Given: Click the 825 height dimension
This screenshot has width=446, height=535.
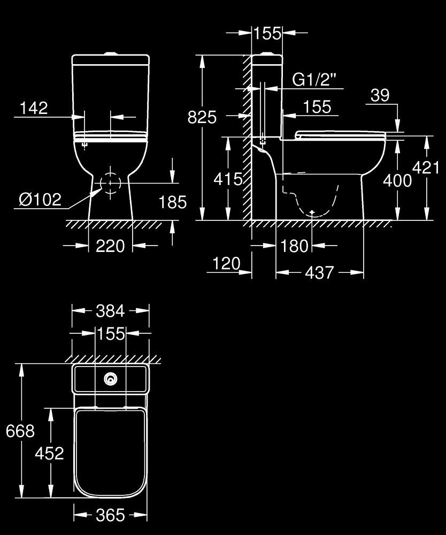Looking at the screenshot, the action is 202,117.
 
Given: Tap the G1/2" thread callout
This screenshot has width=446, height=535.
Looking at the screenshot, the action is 314,80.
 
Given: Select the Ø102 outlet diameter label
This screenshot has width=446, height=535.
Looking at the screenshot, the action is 40,199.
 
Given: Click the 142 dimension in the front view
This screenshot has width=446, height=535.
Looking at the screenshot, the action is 34,108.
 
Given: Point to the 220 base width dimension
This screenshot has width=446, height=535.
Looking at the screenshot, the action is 110,246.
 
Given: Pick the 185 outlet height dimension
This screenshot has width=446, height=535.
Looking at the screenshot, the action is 173,202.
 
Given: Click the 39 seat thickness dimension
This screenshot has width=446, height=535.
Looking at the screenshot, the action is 380,95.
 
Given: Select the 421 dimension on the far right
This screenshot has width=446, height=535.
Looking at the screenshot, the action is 426,167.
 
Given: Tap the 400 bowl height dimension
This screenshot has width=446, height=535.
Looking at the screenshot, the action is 397,180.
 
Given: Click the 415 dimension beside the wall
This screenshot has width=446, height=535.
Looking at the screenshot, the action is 228,179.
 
